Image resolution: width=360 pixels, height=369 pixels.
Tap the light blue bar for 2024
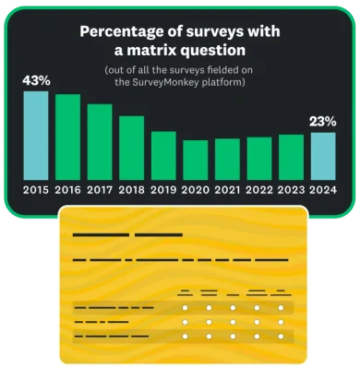click(323, 156)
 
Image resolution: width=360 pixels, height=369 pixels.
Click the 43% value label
click(36, 81)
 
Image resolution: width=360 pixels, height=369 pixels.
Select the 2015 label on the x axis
click(36, 191)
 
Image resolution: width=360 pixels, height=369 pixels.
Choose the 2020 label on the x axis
click(195, 191)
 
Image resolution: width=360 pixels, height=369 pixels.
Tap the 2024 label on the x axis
click(323, 191)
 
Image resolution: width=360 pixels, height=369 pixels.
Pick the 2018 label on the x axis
click(132, 191)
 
